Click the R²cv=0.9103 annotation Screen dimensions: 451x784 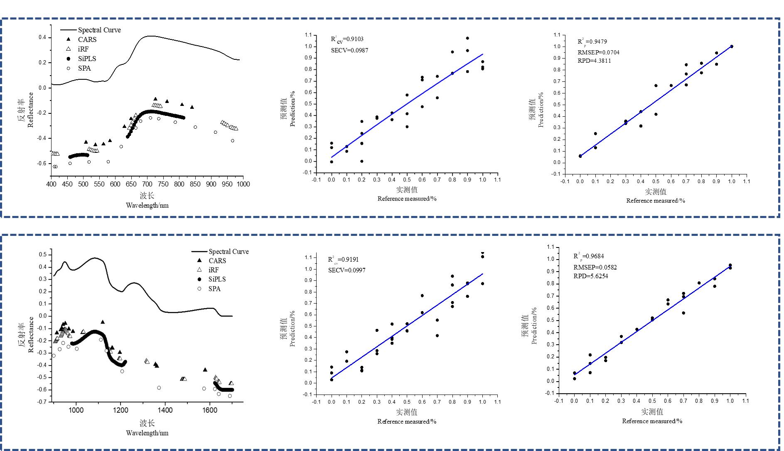pos(347,39)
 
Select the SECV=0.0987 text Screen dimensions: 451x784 pos(349,50)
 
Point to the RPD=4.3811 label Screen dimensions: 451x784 pos(594,61)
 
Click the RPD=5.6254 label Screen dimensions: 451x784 pos(590,276)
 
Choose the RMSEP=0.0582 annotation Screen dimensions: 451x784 pos(595,267)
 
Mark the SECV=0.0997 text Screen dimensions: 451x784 pos(347,270)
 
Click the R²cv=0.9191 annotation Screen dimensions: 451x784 pos(343,260)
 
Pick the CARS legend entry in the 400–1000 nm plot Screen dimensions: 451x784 pos(87,39)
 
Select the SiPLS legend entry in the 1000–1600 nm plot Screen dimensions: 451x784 pos(217,279)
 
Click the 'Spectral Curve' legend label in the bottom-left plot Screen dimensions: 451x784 pos(229,252)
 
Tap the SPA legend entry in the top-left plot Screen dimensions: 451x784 pos(84,68)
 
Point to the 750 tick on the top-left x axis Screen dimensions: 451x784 pos(163,184)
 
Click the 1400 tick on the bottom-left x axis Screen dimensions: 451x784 pos(165,410)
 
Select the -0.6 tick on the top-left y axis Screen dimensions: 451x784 pos(42,164)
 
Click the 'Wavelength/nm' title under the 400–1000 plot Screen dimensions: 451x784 pos(147,205)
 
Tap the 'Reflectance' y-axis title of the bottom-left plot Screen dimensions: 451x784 pos(31,335)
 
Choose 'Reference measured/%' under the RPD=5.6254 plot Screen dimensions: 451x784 pos(652,421)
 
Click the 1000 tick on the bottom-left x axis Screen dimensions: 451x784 pos(76,410)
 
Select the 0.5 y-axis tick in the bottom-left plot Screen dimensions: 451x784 pos(43,255)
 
